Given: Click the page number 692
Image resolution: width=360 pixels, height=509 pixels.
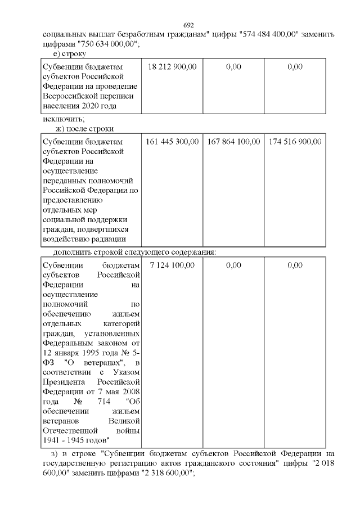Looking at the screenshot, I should [188, 26].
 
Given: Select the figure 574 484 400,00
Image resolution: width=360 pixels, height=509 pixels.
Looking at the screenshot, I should [269, 35].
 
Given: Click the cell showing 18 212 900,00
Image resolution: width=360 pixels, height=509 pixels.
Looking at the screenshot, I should [172, 67].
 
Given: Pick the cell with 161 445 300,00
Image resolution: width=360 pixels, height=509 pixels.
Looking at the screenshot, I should [172, 142].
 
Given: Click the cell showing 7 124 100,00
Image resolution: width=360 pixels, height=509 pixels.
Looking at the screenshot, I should [172, 265].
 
